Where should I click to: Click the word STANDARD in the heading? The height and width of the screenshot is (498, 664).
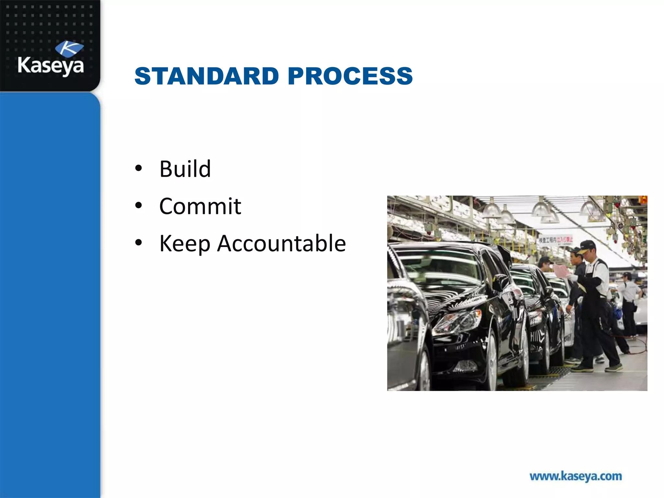[207, 76]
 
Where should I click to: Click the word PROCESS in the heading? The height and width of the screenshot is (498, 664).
[350, 76]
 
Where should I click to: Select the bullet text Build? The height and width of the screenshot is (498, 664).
[185, 169]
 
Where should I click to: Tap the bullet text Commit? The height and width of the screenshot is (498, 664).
[200, 206]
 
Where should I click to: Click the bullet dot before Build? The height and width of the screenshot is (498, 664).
[139, 169]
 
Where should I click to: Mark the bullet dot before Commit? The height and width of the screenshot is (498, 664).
[139, 206]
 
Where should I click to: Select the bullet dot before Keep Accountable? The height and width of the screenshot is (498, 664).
[139, 243]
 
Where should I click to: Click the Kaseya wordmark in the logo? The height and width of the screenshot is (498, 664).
[51, 65]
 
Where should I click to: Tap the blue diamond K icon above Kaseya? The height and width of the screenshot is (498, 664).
[69, 49]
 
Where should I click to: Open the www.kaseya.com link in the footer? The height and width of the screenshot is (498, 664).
[576, 476]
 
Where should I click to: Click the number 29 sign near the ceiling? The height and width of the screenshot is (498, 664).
[616, 198]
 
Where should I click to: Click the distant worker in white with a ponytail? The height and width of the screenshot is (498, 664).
[629, 292]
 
